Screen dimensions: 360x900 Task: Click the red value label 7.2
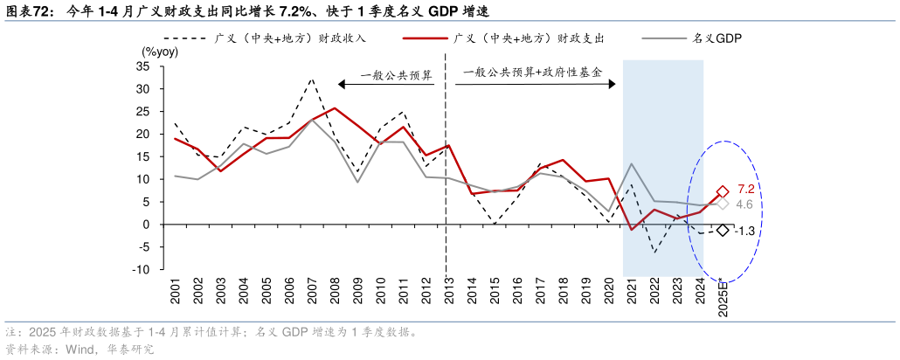(x=745, y=190)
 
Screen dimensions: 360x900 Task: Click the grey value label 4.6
(x=745, y=204)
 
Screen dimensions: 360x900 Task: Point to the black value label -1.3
(x=744, y=231)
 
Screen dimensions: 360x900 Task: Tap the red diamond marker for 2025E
(x=723, y=191)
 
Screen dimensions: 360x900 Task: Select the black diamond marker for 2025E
(x=723, y=230)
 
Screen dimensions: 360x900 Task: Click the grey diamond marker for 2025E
(x=723, y=204)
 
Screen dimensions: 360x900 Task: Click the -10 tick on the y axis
(x=141, y=269)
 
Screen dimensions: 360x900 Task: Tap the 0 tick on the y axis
(x=146, y=224)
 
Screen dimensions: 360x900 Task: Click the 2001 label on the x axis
(x=176, y=292)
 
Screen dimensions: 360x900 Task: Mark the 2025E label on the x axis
(x=723, y=295)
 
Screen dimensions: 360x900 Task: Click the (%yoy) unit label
(x=160, y=52)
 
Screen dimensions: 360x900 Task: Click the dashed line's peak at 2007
(x=312, y=79)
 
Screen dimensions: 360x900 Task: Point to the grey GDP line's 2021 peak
(x=632, y=163)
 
